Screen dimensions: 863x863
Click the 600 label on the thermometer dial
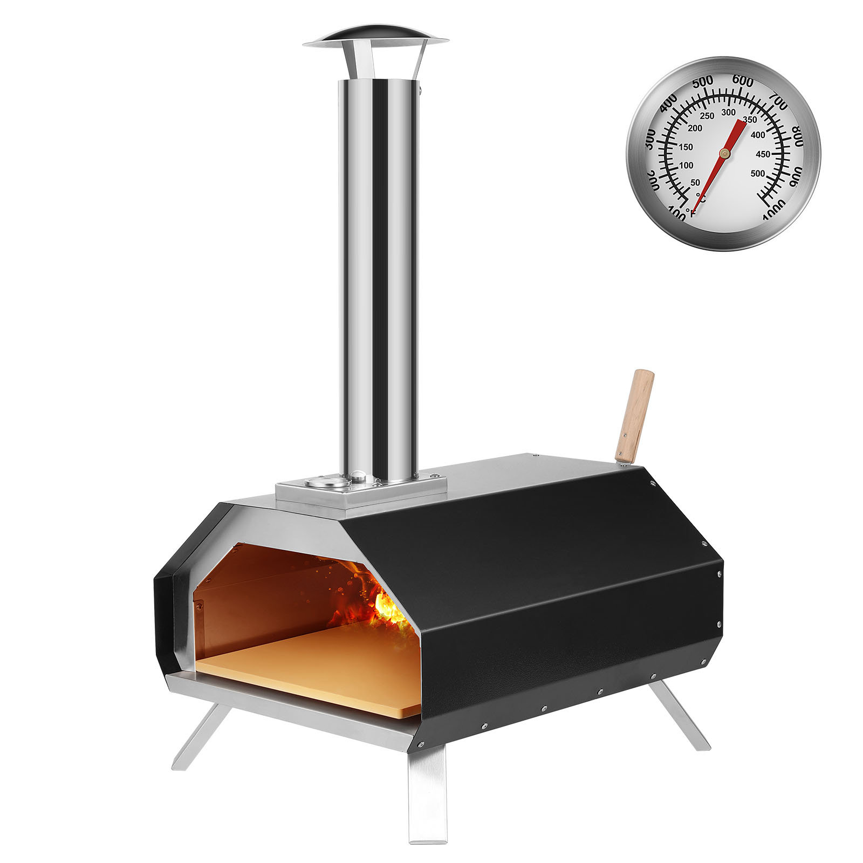tap(743, 81)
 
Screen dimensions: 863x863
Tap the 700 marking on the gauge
tap(777, 101)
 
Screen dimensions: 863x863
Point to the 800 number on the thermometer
tap(797, 135)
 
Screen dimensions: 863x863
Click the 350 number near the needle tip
tap(749, 119)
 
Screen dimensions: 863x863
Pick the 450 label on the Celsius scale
tap(763, 154)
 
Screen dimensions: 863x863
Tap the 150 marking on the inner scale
tap(686, 147)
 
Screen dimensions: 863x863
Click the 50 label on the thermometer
tap(695, 182)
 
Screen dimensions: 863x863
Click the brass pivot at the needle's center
tap(724, 154)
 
